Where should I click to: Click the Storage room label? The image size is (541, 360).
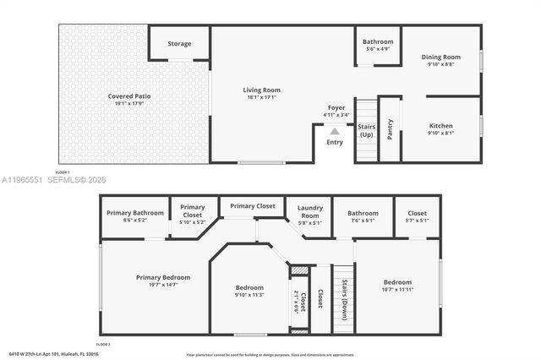tap(179, 44)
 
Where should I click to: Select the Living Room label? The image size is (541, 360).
tap(262, 90)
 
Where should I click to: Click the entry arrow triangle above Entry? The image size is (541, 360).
tap(335, 131)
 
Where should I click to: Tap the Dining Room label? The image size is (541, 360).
tap(440, 57)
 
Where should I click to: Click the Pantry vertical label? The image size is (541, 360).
tap(390, 128)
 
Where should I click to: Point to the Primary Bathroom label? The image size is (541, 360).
tap(134, 212)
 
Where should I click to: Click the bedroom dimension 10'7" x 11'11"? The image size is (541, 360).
tap(397, 291)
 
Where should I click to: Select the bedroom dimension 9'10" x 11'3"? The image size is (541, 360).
tap(249, 296)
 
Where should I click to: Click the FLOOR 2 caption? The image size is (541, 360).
tap(104, 345)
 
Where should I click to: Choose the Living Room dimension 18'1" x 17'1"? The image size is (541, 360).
tap(262, 97)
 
